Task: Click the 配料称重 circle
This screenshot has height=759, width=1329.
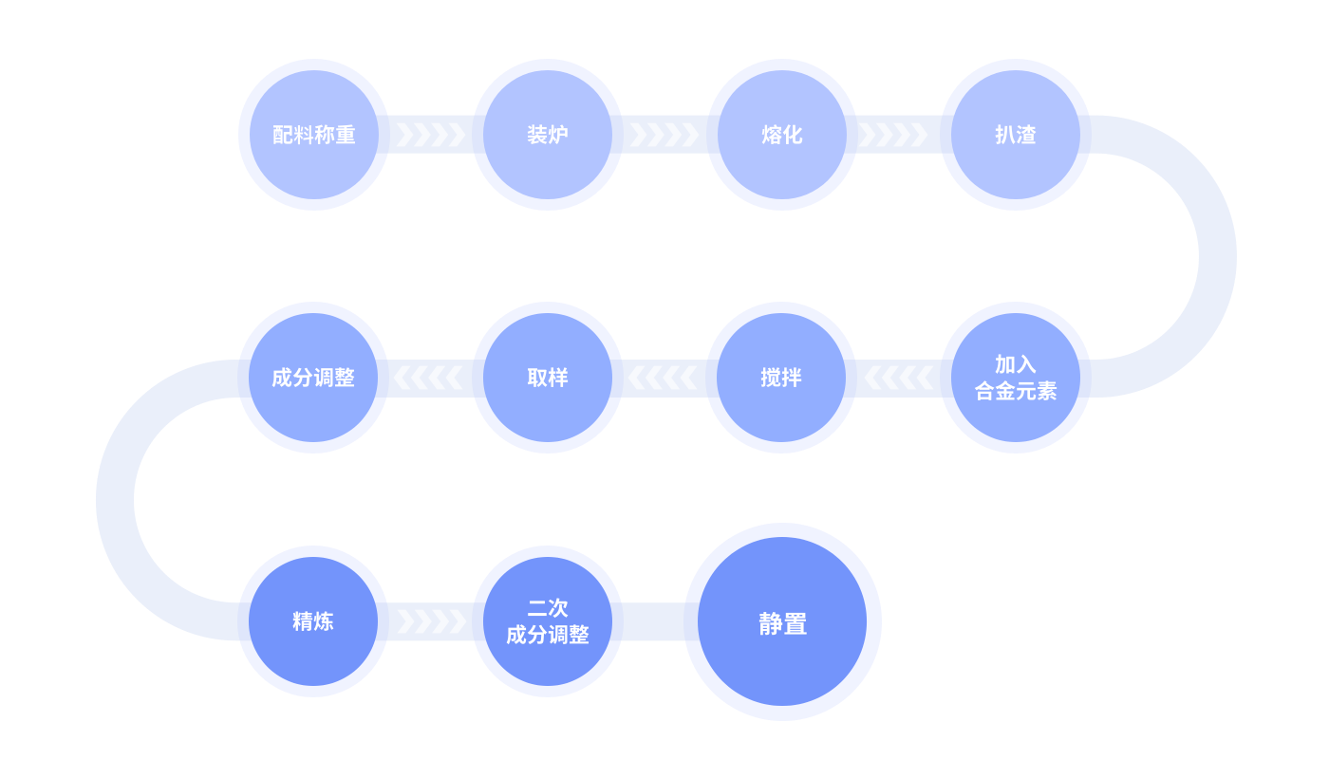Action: click(x=313, y=135)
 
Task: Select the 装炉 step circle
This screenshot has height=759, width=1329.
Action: click(x=548, y=135)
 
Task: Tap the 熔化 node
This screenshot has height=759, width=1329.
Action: click(x=782, y=135)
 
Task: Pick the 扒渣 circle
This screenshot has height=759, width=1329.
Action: click(x=1016, y=135)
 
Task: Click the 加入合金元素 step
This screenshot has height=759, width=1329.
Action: click(x=1016, y=378)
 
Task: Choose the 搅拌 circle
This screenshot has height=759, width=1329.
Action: click(x=782, y=378)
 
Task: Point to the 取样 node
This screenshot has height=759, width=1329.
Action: click(x=548, y=378)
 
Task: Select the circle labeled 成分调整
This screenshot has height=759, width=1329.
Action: click(x=313, y=378)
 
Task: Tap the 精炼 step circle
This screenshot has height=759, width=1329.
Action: click(x=313, y=621)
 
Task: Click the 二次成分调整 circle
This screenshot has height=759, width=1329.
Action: click(x=548, y=621)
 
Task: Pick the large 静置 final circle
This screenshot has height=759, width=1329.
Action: click(x=782, y=622)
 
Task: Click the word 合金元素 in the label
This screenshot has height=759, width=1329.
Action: click(x=1016, y=391)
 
